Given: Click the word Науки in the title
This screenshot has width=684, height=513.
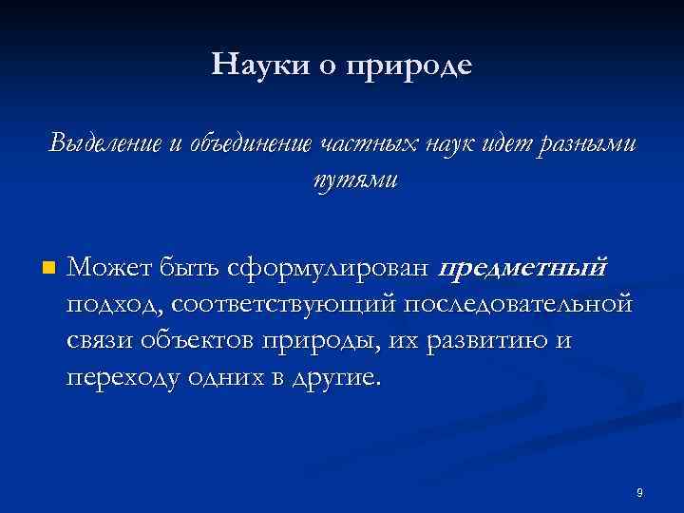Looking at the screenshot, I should [x=249, y=66].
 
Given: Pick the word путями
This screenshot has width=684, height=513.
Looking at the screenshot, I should [x=342, y=180].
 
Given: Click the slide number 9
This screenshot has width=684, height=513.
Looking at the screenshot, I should [x=640, y=492].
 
